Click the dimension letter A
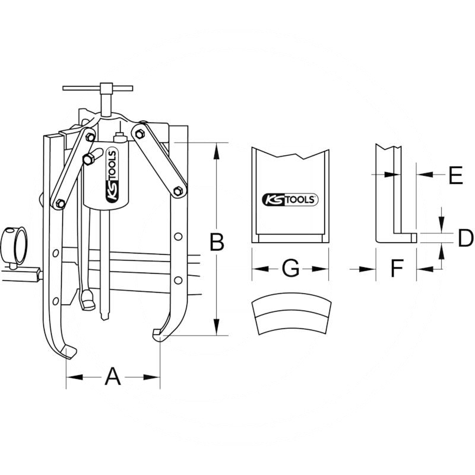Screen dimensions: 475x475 click(113, 376)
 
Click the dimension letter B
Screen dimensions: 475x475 click(217, 242)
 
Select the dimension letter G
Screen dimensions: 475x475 click(290, 268)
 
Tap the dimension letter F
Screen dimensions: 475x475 click(397, 268)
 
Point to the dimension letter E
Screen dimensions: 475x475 click(455, 175)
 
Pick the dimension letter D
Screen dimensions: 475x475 click(465, 238)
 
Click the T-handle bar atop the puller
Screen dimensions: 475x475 click(97, 88)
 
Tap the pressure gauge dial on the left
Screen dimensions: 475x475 click(15, 246)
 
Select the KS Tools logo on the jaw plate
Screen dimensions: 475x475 click(290, 199)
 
